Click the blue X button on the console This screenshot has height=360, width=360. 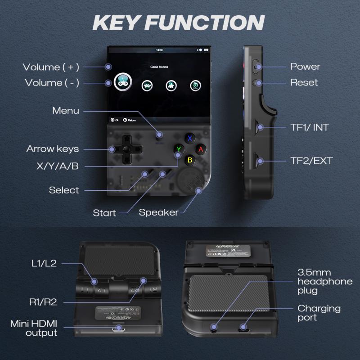(x=190, y=138)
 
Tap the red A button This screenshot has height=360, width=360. (x=201, y=148)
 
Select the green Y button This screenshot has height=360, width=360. (x=179, y=148)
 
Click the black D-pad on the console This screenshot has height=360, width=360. (x=126, y=148)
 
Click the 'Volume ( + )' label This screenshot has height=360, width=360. (x=51, y=67)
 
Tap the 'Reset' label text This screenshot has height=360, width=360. (x=304, y=82)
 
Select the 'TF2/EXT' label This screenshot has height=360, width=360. (x=311, y=161)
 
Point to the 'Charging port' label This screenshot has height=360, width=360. (x=319, y=313)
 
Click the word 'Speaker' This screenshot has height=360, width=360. (x=158, y=212)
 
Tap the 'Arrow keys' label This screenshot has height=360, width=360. (x=52, y=149)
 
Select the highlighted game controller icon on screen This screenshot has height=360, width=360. (x=122, y=83)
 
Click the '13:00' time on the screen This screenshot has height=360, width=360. (x=159, y=49)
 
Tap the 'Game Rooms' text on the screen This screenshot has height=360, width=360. (x=159, y=67)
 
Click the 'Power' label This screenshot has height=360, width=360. (x=305, y=67)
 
